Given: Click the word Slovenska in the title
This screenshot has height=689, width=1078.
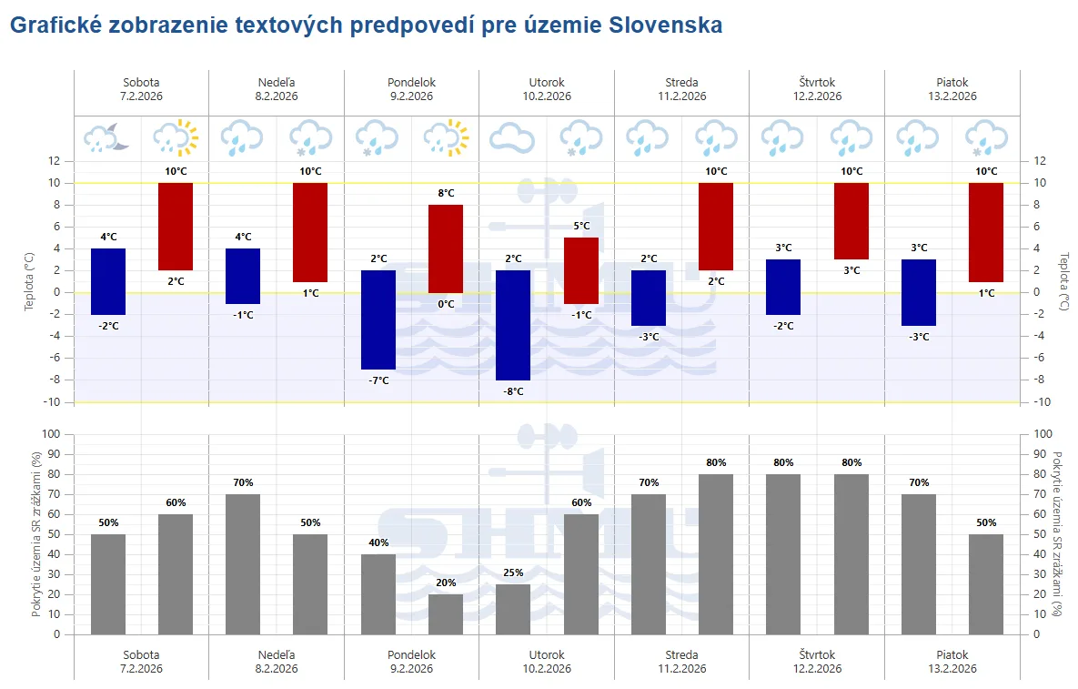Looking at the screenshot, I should tap(663, 25).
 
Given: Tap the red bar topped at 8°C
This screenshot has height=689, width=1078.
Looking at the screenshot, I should tap(446, 248).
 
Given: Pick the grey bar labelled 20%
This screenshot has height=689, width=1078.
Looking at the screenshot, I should tap(446, 614).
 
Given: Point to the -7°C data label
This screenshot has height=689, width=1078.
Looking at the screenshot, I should tap(378, 380).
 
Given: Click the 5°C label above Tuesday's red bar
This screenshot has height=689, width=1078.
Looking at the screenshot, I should tap(580, 226).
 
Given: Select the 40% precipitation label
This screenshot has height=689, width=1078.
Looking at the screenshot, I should tap(378, 542).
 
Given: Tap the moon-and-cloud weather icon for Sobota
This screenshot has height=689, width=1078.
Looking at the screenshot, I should tap(107, 137).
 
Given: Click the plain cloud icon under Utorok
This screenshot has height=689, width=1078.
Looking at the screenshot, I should tap(513, 138).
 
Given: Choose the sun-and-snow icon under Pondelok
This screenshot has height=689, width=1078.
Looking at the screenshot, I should tap(446, 137).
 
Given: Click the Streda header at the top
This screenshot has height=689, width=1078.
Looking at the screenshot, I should tap(681, 82).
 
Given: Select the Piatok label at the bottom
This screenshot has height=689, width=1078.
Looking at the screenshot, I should tap(952, 654).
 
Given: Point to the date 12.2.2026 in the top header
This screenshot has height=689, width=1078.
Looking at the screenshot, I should tap(817, 96).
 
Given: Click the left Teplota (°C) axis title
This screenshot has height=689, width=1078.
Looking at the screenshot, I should tap(29, 281).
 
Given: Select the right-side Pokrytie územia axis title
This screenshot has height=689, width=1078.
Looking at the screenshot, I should tap(1057, 533).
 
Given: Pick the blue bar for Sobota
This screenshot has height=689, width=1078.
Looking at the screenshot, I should tap(108, 281).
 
